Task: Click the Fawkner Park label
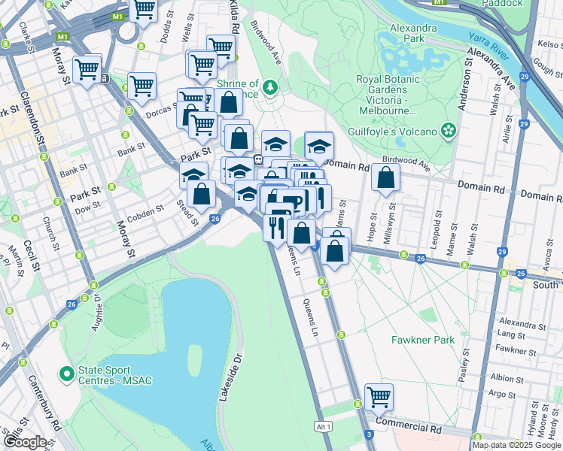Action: (x=423, y=340)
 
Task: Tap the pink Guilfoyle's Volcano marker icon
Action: (x=449, y=131)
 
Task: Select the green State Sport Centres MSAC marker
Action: (x=67, y=374)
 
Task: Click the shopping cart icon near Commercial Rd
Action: (x=379, y=396)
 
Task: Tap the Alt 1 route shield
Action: (x=324, y=426)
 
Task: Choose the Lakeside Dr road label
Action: (x=230, y=375)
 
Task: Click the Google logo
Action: (x=24, y=441)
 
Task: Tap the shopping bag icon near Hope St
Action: (x=385, y=178)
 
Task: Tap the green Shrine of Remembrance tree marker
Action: (x=269, y=88)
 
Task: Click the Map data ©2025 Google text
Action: (x=516, y=445)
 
